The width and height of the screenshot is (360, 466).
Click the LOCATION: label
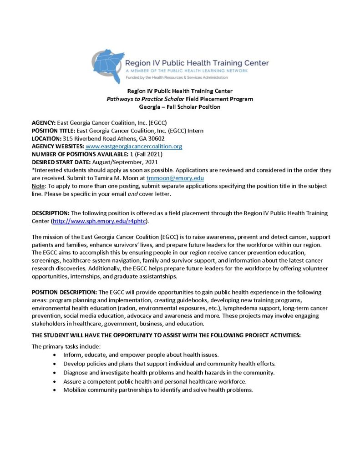46,138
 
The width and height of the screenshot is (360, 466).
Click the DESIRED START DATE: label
61,162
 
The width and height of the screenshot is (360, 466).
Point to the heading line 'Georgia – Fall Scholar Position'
179,107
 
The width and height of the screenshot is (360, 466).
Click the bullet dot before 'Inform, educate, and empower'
55,355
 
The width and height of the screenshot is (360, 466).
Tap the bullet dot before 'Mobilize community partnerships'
55,390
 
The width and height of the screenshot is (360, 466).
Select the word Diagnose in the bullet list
76,372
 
